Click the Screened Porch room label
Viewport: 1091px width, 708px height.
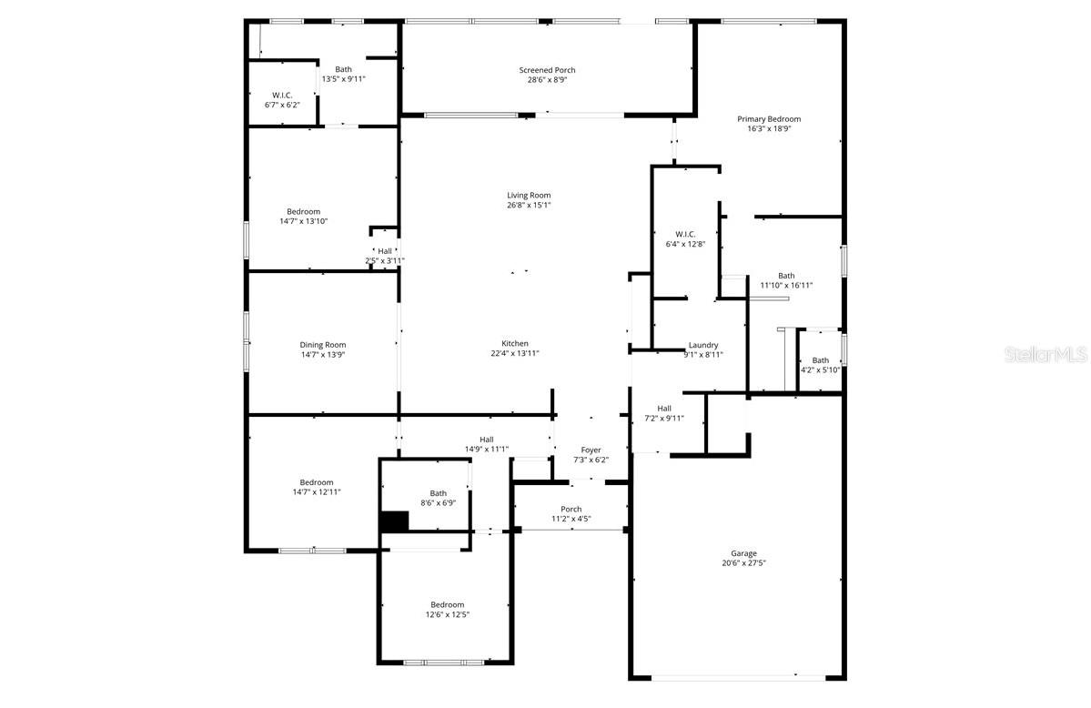[547, 70]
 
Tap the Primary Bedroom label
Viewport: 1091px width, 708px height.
[769, 119]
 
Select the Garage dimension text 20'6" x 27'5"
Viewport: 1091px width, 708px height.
[743, 563]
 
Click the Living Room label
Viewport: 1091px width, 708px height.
[529, 196]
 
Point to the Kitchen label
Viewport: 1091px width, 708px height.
[515, 343]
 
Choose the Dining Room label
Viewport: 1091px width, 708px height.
[323, 345]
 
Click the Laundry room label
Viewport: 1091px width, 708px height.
[703, 345]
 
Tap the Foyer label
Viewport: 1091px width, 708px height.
[591, 450]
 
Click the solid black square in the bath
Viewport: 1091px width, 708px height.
[394, 521]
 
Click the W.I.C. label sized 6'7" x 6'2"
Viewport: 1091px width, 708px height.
[282, 95]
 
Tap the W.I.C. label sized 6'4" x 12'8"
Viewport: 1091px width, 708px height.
[685, 234]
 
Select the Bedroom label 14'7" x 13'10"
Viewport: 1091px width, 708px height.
[303, 212]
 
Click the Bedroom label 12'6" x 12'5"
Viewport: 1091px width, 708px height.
[448, 604]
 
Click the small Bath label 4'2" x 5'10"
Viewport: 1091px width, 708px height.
[821, 360]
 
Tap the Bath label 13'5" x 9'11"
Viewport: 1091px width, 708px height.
[343, 69]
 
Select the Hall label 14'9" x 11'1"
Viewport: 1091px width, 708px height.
[487, 440]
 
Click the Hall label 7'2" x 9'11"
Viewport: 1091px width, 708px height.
[664, 409]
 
